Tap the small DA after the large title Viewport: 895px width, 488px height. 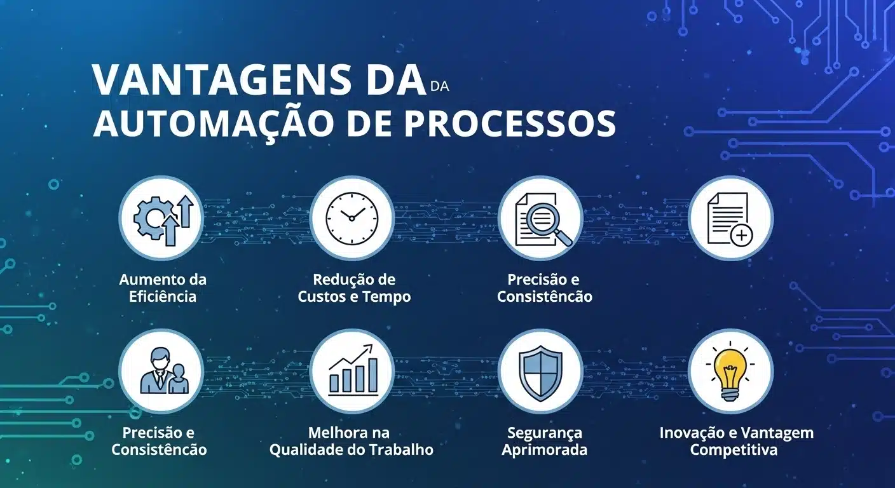click(x=439, y=87)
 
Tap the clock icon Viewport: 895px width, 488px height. click(x=352, y=217)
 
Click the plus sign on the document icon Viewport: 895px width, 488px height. click(x=741, y=236)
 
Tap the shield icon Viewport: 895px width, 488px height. click(x=540, y=372)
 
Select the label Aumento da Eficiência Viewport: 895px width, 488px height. click(x=163, y=288)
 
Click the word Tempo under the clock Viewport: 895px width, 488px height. click(x=386, y=297)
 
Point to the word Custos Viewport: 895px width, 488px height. click(x=322, y=297)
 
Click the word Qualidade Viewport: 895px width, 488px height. click(x=303, y=450)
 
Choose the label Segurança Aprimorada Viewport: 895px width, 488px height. click(x=544, y=442)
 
